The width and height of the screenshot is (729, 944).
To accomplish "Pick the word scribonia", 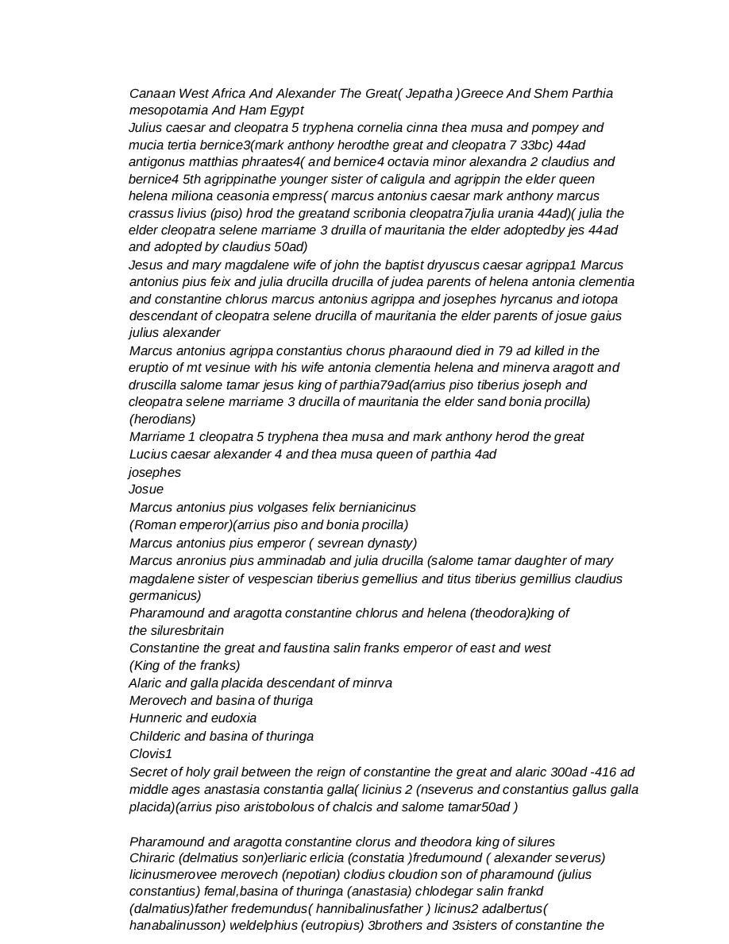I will coord(391,213).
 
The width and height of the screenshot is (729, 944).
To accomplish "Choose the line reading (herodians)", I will coord(162,419).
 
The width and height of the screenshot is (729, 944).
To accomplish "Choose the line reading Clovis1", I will coord(151,754).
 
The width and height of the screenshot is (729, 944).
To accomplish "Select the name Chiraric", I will coord(152,858).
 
